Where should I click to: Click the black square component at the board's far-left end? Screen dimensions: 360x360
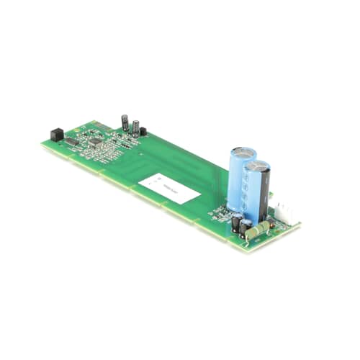click(55, 133)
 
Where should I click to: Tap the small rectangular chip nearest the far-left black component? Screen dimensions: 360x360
click(72, 141)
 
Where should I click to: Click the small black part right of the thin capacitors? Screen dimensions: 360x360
click(143, 131)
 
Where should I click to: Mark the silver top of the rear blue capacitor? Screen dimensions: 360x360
click(243, 153)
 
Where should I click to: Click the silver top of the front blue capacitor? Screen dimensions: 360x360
click(257, 167)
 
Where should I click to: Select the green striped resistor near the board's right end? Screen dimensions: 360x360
click(258, 229)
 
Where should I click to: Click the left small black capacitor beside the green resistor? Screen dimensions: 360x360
click(236, 224)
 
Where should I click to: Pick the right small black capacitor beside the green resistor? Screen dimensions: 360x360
click(246, 228)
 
